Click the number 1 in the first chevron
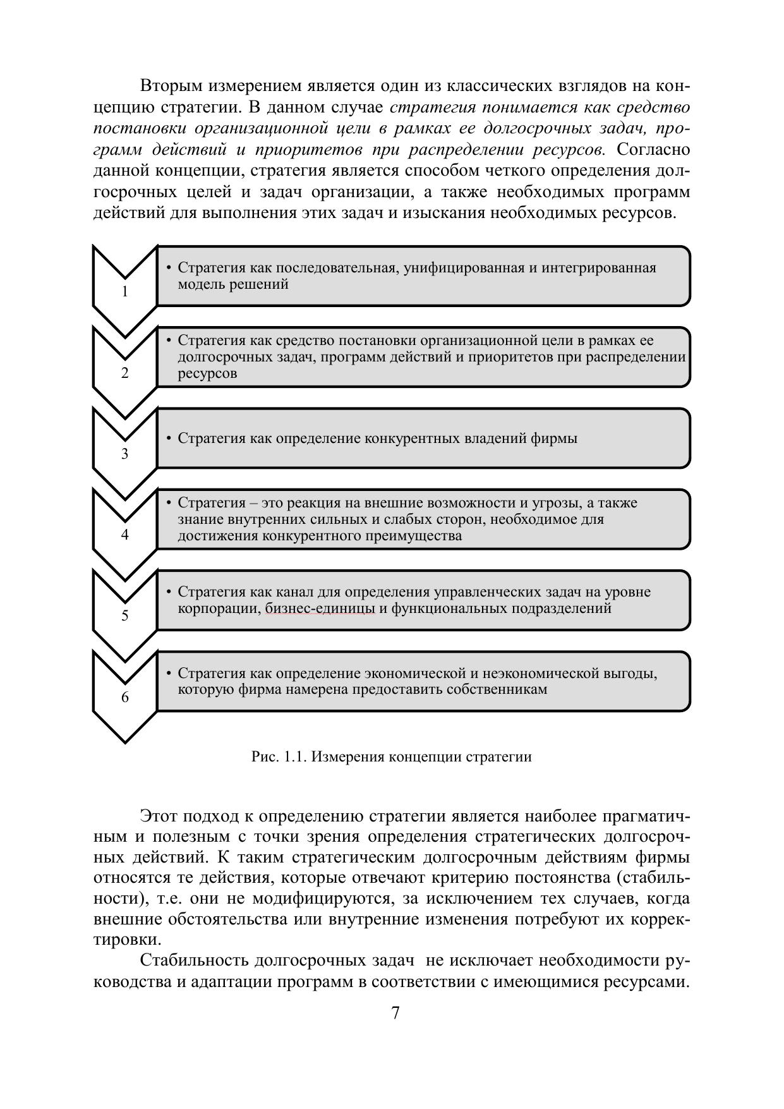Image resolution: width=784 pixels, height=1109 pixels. click(124, 292)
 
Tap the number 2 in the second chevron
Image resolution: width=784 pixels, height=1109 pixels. click(124, 373)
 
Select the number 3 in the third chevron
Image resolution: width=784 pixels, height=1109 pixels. click(124, 454)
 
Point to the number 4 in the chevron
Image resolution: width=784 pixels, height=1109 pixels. click(124, 535)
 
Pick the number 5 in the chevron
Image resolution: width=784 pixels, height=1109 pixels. click(124, 615)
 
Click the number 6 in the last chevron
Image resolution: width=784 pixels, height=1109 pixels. click(124, 697)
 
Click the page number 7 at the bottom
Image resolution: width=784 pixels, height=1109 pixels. click(395, 1013)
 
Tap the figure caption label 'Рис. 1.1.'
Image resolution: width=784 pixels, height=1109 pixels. click(279, 756)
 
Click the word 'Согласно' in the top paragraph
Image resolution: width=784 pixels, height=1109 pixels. click(653, 150)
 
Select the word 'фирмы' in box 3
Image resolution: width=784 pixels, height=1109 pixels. click(558, 438)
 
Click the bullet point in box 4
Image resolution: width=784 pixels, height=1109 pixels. click(169, 503)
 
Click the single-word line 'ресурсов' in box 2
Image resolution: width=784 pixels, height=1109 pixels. click(207, 373)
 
